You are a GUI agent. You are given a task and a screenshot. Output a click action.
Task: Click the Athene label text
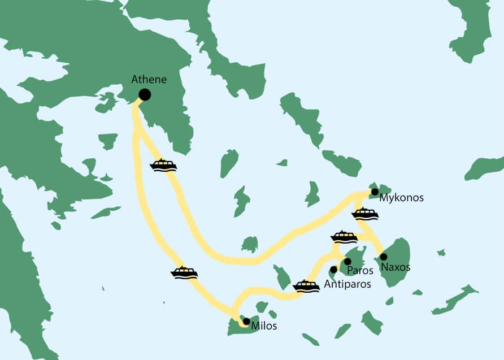point(149,80)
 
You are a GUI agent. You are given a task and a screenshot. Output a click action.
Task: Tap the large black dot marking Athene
point(145,95)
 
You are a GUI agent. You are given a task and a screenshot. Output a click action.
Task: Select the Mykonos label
point(401,198)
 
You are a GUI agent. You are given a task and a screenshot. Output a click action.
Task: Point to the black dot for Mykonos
point(375,192)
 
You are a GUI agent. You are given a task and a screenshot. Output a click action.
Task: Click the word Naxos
point(396,267)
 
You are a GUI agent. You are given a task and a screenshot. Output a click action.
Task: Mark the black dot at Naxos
point(384,257)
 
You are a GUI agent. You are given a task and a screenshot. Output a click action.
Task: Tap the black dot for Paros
point(347,261)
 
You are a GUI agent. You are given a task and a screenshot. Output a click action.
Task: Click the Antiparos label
point(347,284)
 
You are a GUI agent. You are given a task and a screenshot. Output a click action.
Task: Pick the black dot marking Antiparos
point(333,270)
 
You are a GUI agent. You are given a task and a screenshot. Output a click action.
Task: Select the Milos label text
point(264,326)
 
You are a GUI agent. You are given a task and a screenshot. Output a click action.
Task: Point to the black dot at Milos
point(246,321)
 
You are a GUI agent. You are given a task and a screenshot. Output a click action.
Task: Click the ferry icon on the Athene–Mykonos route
point(163,165)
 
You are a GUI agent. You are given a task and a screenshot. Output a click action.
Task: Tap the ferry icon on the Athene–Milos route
point(184,272)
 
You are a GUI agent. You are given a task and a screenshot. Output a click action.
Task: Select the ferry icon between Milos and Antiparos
point(306,285)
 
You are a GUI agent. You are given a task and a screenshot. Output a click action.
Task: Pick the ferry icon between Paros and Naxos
point(344,237)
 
